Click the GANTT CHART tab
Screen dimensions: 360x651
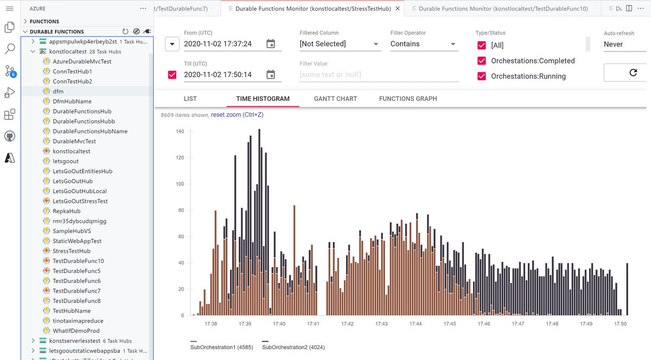click(x=335, y=99)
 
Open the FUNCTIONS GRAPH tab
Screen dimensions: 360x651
click(x=407, y=99)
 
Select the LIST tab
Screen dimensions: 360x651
click(x=190, y=99)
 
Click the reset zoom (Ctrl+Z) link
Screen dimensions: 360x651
click(x=237, y=114)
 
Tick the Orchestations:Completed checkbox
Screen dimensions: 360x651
click(x=481, y=61)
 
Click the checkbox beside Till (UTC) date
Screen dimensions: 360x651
click(x=172, y=75)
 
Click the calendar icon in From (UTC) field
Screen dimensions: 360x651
click(x=271, y=44)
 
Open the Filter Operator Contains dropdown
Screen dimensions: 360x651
click(x=424, y=44)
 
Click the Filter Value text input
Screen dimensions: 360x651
click(x=379, y=75)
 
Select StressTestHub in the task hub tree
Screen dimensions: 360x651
click(x=71, y=251)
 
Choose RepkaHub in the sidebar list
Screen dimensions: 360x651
click(x=66, y=211)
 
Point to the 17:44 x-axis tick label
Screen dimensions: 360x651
click(x=416, y=324)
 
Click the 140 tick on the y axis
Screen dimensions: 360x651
click(x=180, y=132)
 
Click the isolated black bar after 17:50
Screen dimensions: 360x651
click(x=627, y=289)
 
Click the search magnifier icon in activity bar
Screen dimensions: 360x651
click(x=10, y=49)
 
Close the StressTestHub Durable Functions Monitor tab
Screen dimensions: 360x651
click(x=398, y=9)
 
